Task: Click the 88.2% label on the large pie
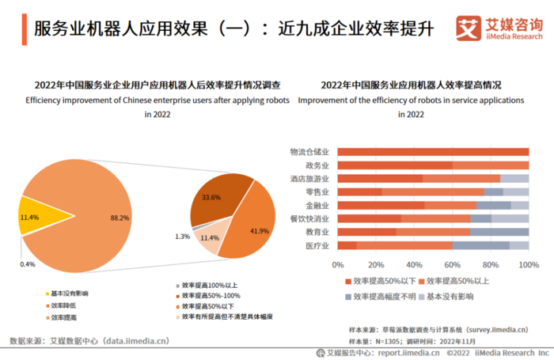click(x=120, y=217)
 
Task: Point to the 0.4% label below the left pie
click(x=28, y=263)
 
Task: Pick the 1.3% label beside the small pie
click(x=182, y=237)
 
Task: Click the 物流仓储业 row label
click(x=309, y=152)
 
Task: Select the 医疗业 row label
click(x=317, y=246)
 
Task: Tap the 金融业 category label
click(x=317, y=206)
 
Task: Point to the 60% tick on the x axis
click(x=453, y=263)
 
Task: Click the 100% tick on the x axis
click(x=528, y=263)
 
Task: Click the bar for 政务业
click(x=433, y=165)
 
